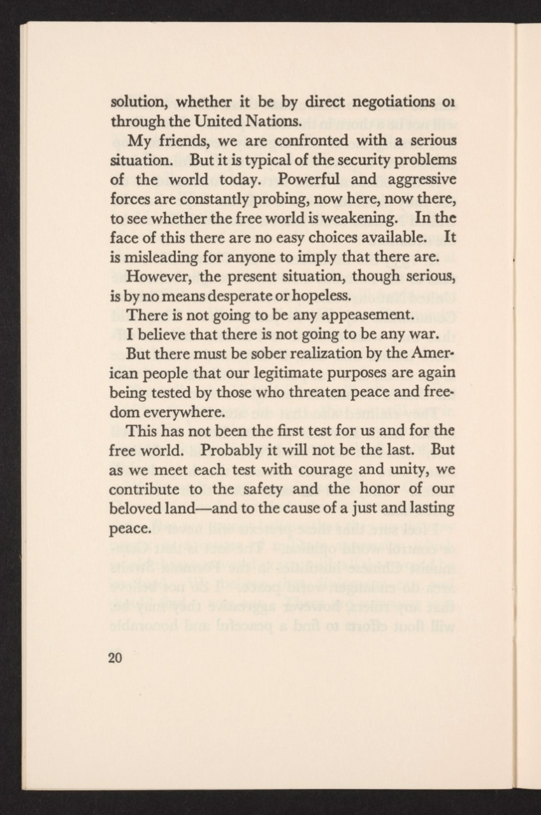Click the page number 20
click(115, 658)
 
